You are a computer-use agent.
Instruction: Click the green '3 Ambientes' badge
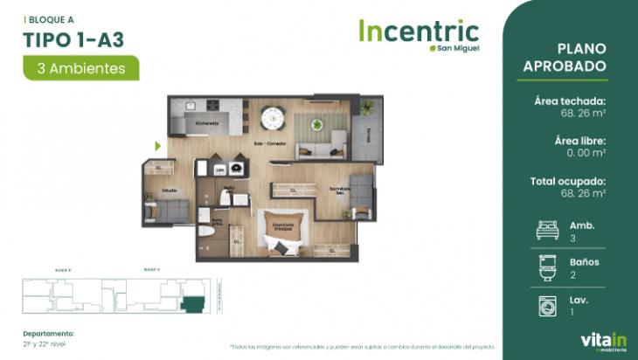click(x=81, y=66)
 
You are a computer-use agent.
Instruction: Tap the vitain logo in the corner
click(x=599, y=341)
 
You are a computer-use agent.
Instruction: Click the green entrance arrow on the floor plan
click(x=158, y=146)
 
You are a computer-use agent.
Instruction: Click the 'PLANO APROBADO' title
click(x=582, y=58)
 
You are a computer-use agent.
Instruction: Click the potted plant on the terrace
click(x=367, y=106)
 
